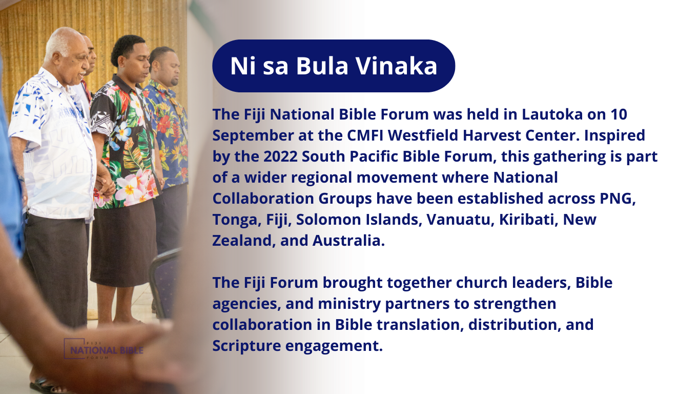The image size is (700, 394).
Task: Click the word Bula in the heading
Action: tap(322, 66)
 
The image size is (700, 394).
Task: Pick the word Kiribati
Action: tap(529, 220)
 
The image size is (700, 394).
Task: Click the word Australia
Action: tap(348, 241)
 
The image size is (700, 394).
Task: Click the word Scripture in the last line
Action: tap(246, 346)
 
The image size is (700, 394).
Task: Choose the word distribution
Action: tap(512, 325)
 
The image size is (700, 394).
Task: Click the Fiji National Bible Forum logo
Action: tap(103, 349)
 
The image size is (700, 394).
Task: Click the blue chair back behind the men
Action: tap(164, 282)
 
